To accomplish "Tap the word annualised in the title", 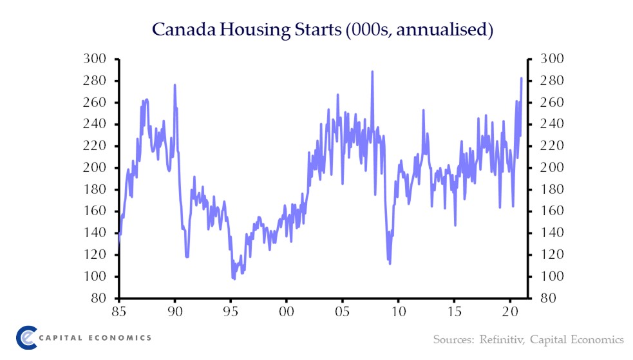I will [x=443, y=30].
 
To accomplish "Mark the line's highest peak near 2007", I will [x=372, y=71].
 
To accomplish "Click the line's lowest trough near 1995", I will [x=234, y=279].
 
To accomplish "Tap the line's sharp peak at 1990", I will [x=175, y=85].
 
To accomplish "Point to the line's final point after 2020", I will [x=521, y=78].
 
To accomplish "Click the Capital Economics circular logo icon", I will [x=26, y=337].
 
